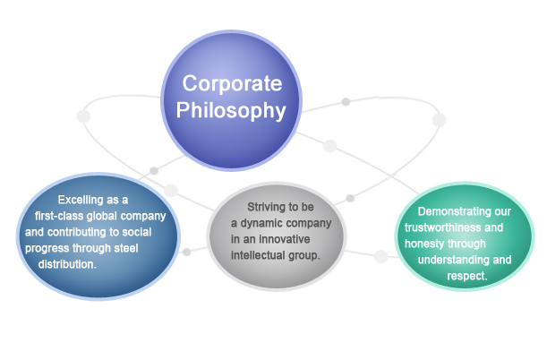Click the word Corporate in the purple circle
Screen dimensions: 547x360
[232, 83]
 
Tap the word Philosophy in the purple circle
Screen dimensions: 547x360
[231, 111]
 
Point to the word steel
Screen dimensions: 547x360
[126, 248]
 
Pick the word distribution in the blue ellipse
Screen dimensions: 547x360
[66, 264]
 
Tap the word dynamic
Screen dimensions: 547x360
[261, 223]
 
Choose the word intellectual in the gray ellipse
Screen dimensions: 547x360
[258, 255]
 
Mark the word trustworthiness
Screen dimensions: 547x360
[443, 227]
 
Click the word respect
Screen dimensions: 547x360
[466, 276]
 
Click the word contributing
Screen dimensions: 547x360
[77, 232]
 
